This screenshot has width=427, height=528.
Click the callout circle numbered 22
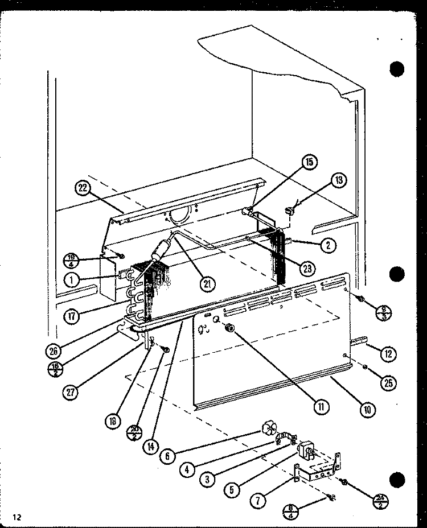84,189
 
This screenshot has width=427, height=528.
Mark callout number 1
72,279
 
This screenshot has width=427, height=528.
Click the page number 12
18,517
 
